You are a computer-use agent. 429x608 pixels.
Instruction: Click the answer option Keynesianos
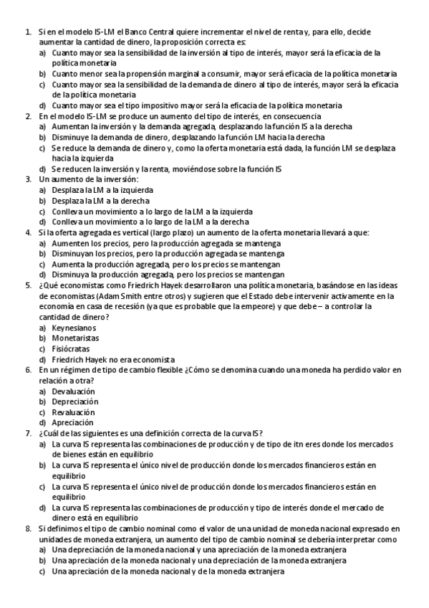click(74, 328)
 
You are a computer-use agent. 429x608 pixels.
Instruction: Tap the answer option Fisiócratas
click(72, 348)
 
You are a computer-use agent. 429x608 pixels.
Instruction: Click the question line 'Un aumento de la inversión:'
click(89, 179)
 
